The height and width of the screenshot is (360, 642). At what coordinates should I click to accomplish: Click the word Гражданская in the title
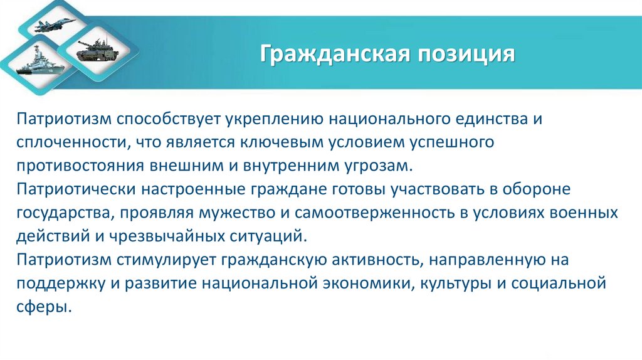[332, 55]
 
